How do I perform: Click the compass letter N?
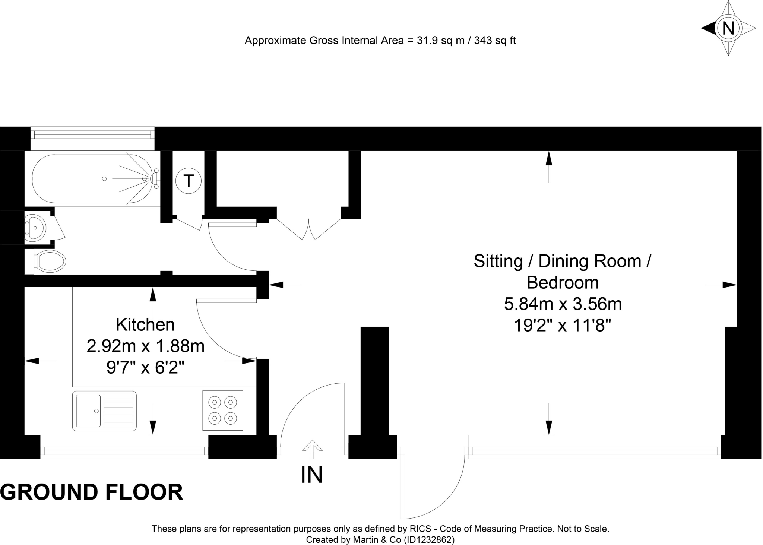728,28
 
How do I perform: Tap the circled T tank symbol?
189,181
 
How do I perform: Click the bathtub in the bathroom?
92,179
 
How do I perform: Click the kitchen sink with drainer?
104,411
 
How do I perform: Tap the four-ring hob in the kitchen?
223,410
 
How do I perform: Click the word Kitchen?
145,324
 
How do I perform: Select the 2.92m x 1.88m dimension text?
146,346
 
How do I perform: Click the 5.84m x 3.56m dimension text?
563,304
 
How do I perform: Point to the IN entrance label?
311,475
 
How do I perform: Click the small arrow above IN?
312,449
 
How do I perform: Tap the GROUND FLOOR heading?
92,492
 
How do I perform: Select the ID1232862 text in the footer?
429,540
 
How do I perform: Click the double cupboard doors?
309,228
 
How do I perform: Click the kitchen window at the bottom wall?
124,451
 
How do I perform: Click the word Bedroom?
563,282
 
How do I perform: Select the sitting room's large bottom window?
595,451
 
